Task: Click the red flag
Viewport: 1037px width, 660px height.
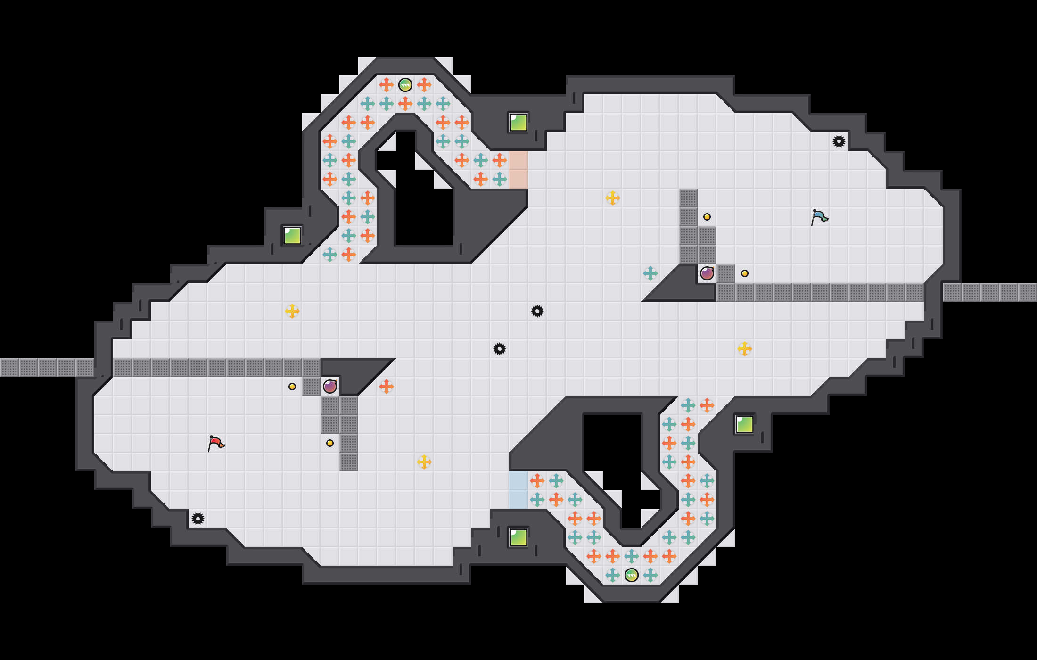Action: [x=216, y=443]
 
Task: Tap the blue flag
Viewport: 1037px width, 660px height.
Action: [x=819, y=217]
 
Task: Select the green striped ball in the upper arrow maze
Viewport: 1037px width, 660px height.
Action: [x=405, y=85]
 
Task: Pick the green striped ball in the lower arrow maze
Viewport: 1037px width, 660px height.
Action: [x=632, y=575]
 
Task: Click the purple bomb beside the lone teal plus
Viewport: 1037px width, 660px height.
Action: [x=707, y=273]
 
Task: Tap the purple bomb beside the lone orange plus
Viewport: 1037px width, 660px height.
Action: [x=330, y=387]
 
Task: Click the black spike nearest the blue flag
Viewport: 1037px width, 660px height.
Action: [x=839, y=141]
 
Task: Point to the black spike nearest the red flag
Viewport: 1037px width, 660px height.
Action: [x=198, y=519]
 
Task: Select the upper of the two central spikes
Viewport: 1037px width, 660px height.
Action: [x=537, y=311]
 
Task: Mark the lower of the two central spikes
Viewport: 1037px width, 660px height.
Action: [x=500, y=349]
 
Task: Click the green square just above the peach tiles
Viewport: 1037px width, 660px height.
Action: [x=518, y=123]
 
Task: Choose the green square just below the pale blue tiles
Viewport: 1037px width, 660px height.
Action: [x=518, y=537]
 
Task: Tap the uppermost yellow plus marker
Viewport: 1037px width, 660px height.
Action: [x=613, y=198]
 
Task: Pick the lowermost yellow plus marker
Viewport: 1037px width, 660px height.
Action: [x=424, y=462]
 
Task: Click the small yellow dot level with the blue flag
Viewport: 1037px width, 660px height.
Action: [x=707, y=217]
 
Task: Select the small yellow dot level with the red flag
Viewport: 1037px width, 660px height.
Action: [x=330, y=443]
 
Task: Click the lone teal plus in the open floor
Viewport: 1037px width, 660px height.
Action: [x=650, y=273]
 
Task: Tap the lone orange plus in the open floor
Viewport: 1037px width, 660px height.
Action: [x=387, y=387]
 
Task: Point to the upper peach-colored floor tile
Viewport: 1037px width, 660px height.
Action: [x=518, y=160]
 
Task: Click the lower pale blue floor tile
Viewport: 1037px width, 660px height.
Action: [x=518, y=500]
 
